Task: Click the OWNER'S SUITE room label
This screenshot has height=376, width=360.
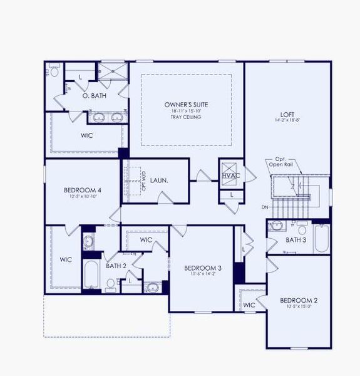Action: (x=186, y=104)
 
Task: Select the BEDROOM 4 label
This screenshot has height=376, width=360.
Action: (x=83, y=190)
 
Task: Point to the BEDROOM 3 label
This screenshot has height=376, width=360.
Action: (x=203, y=268)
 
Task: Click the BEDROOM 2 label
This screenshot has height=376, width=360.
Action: (x=299, y=300)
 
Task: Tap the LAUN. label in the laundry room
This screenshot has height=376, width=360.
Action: (x=159, y=180)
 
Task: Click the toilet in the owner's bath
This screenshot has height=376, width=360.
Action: (x=54, y=71)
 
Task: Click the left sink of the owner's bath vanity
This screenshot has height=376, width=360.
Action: (x=99, y=117)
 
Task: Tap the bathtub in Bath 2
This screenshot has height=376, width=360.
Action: (x=91, y=274)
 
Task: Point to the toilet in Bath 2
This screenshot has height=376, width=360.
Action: (x=111, y=286)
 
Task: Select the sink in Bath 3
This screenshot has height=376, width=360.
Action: (x=275, y=227)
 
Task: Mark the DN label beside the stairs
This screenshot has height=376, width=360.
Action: (x=265, y=207)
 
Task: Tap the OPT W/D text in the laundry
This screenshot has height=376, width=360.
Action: (x=143, y=180)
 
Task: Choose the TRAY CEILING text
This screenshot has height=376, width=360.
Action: (x=186, y=117)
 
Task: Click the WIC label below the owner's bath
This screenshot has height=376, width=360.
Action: (x=87, y=135)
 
